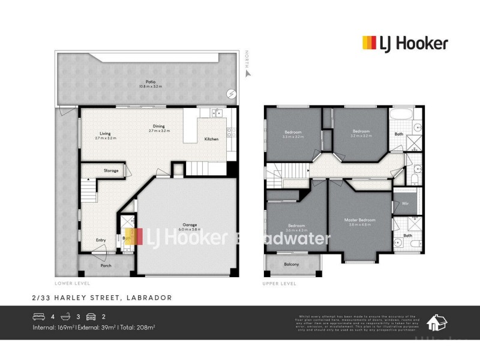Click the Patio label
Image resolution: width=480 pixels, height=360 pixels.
[142, 82]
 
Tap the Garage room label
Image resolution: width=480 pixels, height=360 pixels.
[190, 225]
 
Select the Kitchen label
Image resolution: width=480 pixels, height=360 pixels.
[211, 139]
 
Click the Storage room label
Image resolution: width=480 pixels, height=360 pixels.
[110, 171]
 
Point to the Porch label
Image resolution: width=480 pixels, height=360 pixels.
[106, 265]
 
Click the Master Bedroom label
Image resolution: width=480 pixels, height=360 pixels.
[360, 220]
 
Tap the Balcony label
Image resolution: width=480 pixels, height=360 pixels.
[291, 264]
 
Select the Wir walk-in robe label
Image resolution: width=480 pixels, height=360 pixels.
[405, 196]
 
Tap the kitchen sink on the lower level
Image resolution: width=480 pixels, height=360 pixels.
[214, 113]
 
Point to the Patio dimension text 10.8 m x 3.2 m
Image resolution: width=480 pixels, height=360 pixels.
[142, 86]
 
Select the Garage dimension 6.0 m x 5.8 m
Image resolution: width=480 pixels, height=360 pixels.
[190, 230]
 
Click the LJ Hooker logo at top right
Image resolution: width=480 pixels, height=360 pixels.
[404, 43]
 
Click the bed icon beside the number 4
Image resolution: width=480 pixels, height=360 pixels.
[38, 317]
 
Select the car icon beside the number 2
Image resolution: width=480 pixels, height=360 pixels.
[91, 317]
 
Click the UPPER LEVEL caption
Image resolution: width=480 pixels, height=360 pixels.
[280, 283]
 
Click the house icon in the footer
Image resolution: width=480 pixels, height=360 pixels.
[436, 323]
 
